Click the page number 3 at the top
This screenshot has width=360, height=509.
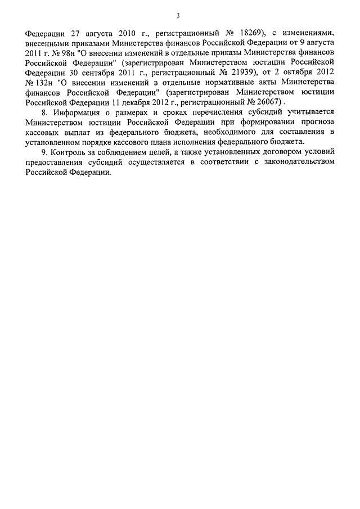pos(178,15)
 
